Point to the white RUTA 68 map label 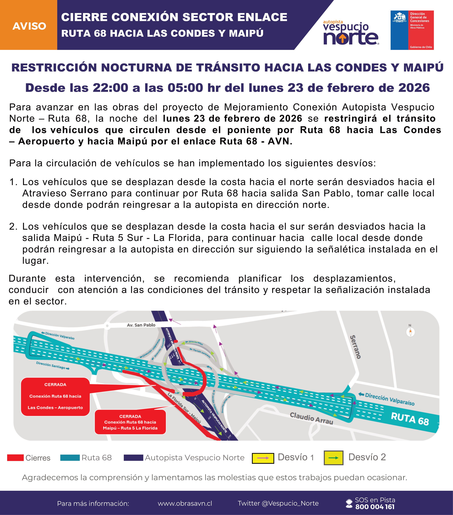pyautogui.click(x=410, y=419)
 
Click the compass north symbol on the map pyautogui.click(x=410, y=332)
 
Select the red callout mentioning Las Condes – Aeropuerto pyautogui.click(x=55, y=396)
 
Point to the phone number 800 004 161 pyautogui.click(x=375, y=507)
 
